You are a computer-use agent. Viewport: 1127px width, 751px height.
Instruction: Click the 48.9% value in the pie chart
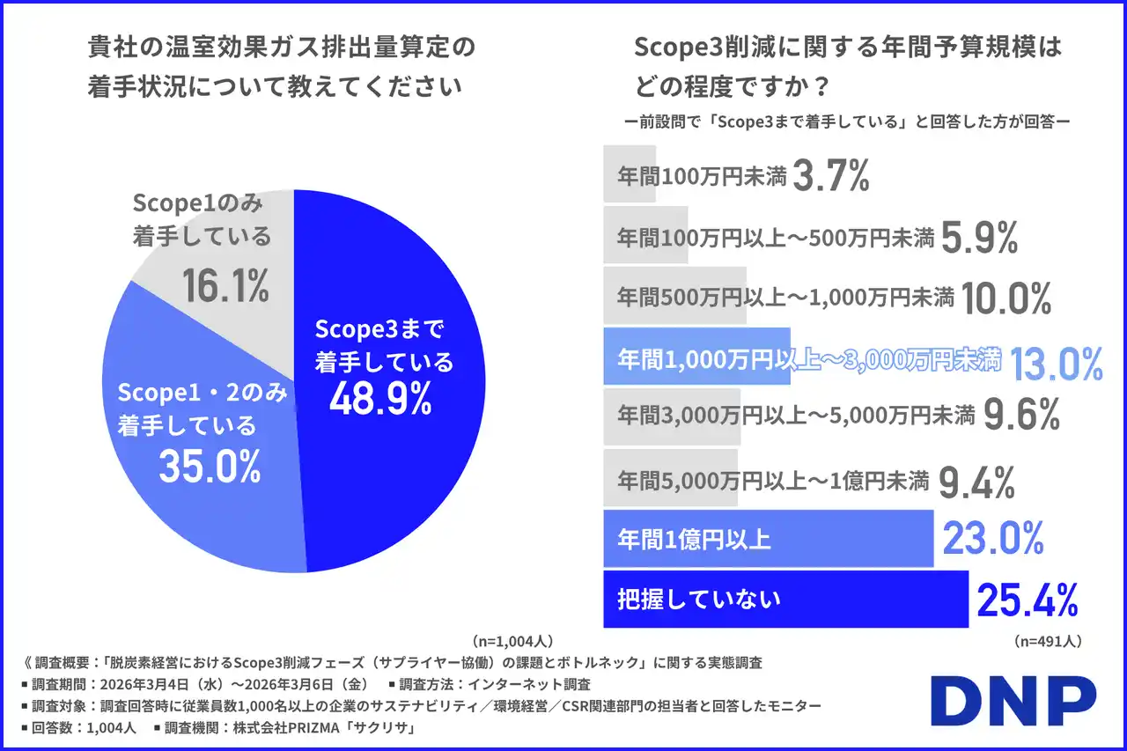pos(380,399)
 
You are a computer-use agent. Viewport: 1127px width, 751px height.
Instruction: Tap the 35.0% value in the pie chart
pos(210,466)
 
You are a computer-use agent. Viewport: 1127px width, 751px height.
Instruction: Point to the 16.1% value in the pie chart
pos(225,285)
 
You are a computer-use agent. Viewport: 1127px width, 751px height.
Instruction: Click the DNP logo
pos(1013,702)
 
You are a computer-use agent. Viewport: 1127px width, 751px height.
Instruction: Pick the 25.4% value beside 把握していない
pos(1027,600)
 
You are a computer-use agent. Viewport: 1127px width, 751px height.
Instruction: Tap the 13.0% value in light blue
pos(1056,363)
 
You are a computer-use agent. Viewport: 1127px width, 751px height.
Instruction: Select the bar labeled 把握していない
pos(784,600)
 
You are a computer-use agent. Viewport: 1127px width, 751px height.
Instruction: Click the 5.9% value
pos(979,237)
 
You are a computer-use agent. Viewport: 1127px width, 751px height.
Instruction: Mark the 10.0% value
pos(1006,298)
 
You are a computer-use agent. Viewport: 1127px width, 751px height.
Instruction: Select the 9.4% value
pos(977,482)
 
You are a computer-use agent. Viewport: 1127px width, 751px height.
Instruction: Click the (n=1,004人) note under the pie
pos(512,640)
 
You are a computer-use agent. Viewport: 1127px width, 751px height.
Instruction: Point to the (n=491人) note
pos(1047,640)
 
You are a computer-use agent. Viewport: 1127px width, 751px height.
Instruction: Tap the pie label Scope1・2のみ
pos(203,394)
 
